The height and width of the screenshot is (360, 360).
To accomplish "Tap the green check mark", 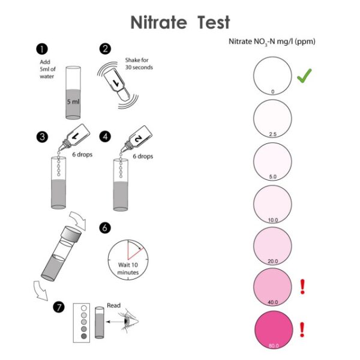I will click(304, 76).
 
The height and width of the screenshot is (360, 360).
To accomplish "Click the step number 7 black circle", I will click(43, 307).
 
